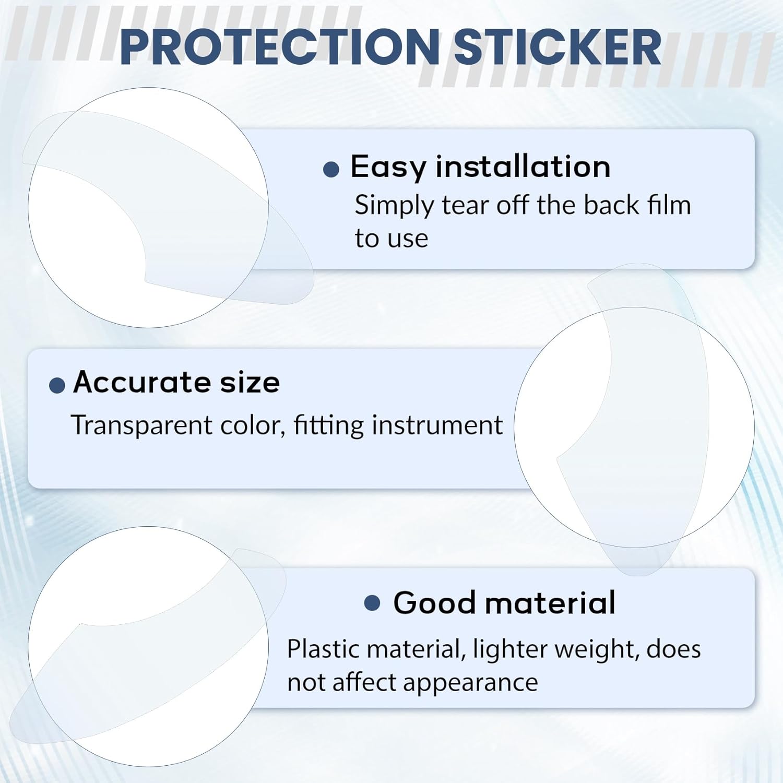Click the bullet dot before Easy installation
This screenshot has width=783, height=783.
[331, 169]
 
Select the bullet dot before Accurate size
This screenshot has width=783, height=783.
[57, 385]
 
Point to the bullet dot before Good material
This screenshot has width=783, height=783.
[372, 603]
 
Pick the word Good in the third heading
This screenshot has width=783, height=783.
[434, 603]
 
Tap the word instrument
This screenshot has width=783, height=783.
[437, 425]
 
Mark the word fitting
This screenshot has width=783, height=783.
[328, 425]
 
